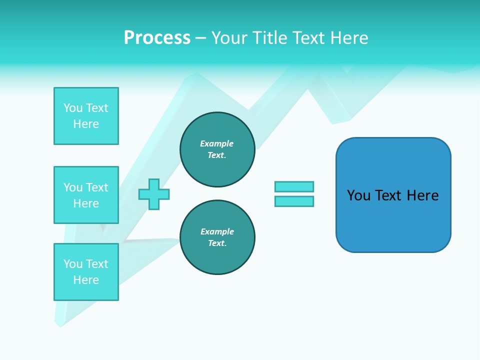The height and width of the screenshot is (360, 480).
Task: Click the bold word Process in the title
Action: (157, 38)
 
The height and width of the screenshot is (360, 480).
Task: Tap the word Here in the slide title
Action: (348, 38)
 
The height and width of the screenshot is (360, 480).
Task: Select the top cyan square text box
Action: (86, 116)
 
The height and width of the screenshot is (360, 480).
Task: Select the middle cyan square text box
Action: (86, 195)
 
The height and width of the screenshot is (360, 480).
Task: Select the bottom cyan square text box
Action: (86, 272)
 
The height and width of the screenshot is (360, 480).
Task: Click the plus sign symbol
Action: (154, 194)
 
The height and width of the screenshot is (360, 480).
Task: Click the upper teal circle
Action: (217, 149)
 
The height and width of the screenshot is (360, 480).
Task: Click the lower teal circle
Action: (217, 237)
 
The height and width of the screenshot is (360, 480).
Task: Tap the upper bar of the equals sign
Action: (294, 186)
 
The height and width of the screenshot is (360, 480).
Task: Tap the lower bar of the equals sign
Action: (294, 201)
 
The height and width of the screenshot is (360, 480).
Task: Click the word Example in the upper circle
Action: (217, 143)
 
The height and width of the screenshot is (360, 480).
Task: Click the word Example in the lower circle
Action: (217, 231)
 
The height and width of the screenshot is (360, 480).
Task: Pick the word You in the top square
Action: (73, 108)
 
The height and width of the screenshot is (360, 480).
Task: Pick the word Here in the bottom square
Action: (86, 280)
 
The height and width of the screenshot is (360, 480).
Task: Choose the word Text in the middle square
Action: (97, 187)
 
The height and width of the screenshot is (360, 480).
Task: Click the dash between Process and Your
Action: (201, 38)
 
